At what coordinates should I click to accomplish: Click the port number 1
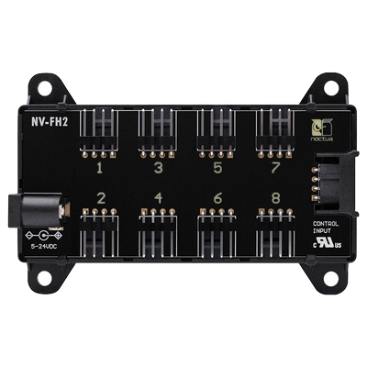100,169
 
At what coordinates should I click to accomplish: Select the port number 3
159,169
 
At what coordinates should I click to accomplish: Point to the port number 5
217,169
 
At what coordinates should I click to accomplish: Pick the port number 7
275,169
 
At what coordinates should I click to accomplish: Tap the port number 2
100,198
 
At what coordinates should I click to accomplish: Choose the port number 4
159,198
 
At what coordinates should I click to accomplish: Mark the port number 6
217,198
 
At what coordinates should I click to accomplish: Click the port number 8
275,198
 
